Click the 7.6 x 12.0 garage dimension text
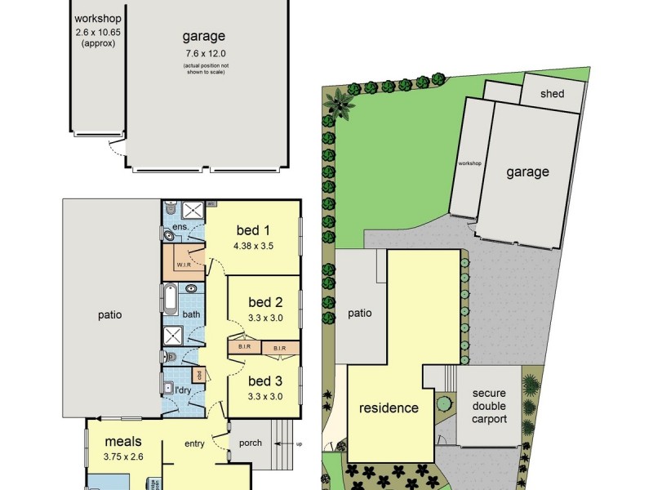(203, 54)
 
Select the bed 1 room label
(252, 229)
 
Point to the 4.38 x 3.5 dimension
(252, 245)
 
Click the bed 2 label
(264, 303)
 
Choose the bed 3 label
(264, 381)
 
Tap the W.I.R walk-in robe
(183, 264)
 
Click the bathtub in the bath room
(171, 298)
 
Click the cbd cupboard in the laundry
(198, 375)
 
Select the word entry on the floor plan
(194, 443)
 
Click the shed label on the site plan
(552, 94)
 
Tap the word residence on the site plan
(389, 408)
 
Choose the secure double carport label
(489, 406)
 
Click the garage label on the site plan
(527, 171)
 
